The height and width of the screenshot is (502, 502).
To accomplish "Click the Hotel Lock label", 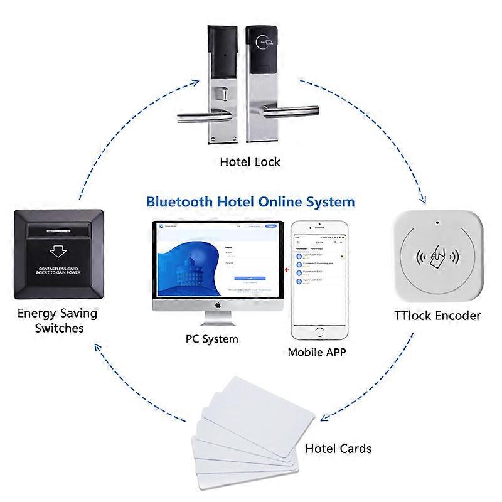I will click(250, 162).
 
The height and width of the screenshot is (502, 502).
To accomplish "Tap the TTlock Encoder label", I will click(438, 315).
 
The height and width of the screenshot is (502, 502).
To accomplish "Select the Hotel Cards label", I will click(338, 449).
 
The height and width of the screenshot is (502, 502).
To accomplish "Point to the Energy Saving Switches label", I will click(56, 320).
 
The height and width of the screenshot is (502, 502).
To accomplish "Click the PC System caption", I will click(211, 339).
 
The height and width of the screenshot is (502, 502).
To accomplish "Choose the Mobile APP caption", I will click(317, 352).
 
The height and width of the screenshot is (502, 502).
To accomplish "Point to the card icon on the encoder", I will click(438, 257).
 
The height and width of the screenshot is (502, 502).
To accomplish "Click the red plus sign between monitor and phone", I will click(287, 270).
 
